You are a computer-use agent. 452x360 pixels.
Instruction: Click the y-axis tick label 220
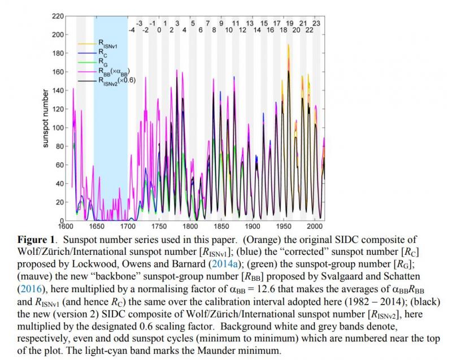tap(58, 16)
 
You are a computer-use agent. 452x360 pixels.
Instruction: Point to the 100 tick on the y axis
tap(58, 127)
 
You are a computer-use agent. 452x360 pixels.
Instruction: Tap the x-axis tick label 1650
tap(96, 226)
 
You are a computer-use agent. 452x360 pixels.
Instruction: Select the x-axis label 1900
tap(252, 226)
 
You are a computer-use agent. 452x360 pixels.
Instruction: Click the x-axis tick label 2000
tap(315, 226)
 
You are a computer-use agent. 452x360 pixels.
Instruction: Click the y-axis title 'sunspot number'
tap(45, 118)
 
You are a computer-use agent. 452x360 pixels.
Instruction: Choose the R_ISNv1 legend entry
tap(108, 44)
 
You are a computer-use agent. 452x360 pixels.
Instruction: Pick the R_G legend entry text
tap(103, 62)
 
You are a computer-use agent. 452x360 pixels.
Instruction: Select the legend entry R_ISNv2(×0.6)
tap(117, 81)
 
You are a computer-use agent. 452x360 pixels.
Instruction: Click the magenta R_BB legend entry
tap(114, 71)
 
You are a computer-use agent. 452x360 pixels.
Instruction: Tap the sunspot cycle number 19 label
tap(290, 23)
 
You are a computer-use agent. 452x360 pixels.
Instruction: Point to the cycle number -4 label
tap(132, 30)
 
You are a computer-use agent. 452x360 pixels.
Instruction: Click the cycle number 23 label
tap(316, 23)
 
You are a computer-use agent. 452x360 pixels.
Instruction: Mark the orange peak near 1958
tap(288, 45)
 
